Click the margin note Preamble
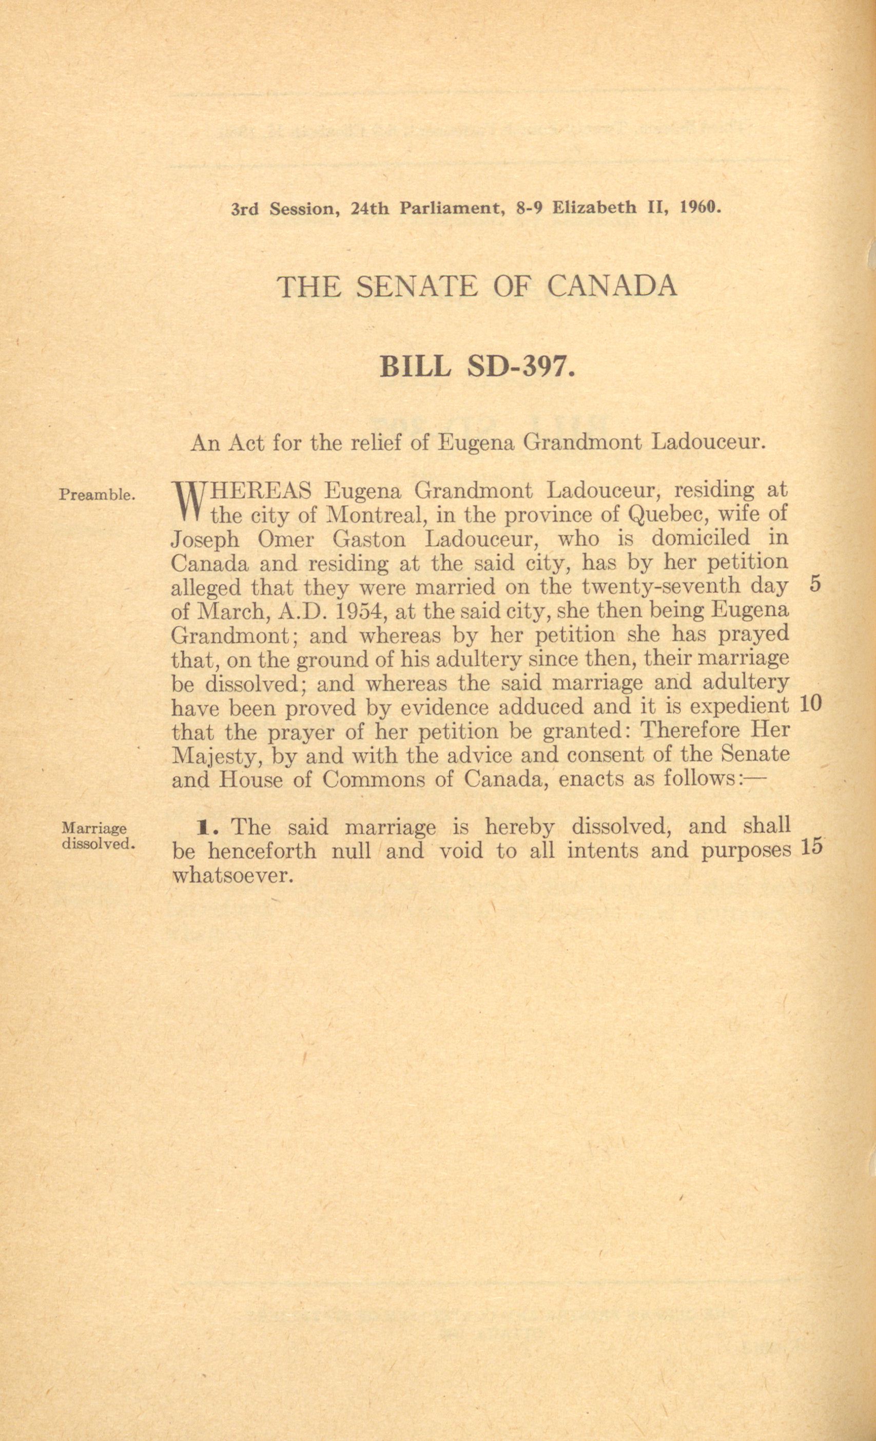pyautogui.click(x=98, y=495)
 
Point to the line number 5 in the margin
pyautogui.click(x=816, y=585)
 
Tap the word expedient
pyautogui.click(x=739, y=706)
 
